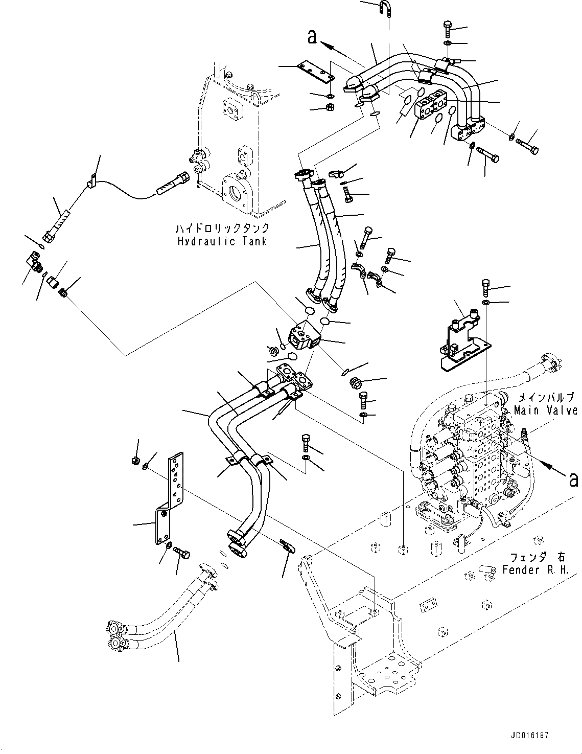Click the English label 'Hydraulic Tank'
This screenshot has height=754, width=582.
(222, 241)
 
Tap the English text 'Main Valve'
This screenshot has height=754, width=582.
(545, 410)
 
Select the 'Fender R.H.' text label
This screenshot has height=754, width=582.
(534, 569)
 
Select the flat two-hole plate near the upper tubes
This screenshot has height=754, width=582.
(317, 71)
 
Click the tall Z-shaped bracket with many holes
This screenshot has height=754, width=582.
(169, 498)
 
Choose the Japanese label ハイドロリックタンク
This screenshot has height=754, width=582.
(222, 229)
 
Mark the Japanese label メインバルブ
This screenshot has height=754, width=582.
(545, 397)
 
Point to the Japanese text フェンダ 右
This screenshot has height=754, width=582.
(534, 557)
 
